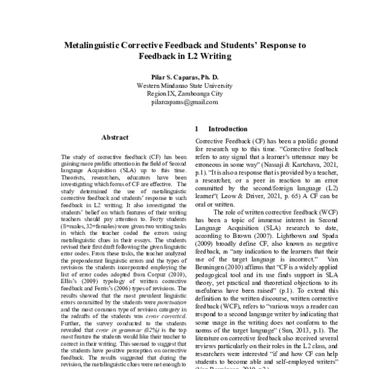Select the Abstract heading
pos(114,138)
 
